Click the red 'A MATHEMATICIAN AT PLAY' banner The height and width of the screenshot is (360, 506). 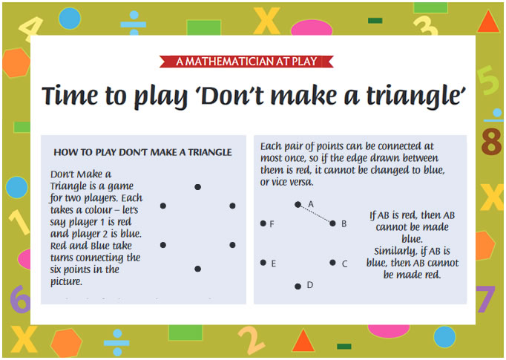(252, 61)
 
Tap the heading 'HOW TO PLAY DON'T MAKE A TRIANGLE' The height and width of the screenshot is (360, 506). (142, 152)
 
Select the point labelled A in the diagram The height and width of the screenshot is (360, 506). (298, 204)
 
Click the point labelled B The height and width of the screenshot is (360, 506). (332, 223)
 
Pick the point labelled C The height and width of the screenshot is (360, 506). (332, 262)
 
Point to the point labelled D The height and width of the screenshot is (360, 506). (298, 286)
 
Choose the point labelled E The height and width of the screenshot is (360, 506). (263, 262)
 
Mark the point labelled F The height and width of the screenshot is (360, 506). (263, 223)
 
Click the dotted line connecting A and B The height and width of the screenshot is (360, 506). (315, 214)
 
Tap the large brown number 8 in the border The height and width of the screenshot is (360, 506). (491, 143)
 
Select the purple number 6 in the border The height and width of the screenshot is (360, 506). (19, 300)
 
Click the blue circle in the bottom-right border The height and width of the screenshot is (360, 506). (444, 337)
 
